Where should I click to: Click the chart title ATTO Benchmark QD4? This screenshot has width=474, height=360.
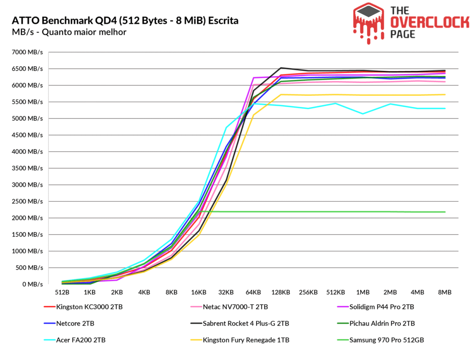coord(125,21)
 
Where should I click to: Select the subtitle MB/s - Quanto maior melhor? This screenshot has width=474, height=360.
coord(69,32)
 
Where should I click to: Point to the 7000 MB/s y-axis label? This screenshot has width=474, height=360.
coord(27,52)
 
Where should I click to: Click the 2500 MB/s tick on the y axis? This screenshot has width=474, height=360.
coord(27,201)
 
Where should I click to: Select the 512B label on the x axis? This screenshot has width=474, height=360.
coord(62,292)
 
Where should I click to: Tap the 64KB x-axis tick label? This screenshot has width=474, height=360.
coord(254,292)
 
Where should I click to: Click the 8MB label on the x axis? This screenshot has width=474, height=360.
coord(445,292)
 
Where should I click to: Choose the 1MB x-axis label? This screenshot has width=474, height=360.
coord(363,292)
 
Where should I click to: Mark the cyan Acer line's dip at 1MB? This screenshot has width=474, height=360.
coord(363,114)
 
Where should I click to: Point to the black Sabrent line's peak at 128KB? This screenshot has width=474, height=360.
coord(281,68)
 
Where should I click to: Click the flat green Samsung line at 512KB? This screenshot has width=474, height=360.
coord(336,212)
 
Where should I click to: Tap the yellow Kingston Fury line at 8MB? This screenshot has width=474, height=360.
coord(445,95)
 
